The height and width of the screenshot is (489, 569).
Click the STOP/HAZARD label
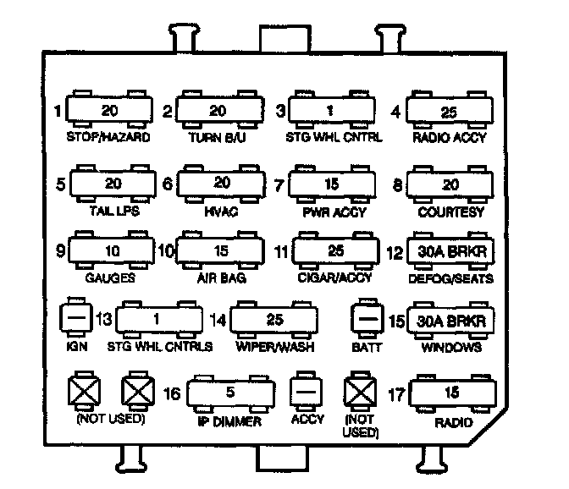108,136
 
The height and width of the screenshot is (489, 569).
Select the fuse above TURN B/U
218,111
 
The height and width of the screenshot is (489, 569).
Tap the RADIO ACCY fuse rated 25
449,111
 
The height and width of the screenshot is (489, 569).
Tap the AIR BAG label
220,278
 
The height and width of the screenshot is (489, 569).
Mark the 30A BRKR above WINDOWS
450,321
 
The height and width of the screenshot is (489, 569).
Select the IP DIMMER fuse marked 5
231,393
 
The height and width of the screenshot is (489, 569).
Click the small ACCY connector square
306,393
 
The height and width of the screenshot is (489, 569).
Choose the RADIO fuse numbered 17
455,393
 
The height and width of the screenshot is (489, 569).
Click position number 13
104,320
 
